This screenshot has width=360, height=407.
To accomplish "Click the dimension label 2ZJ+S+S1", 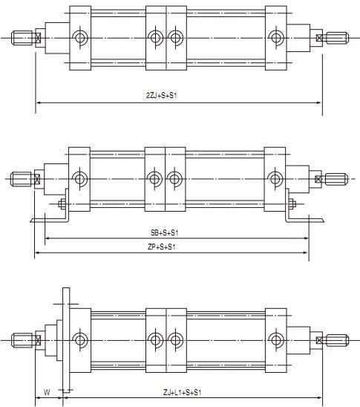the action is [161, 95].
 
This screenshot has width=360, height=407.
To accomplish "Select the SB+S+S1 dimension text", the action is [165, 232].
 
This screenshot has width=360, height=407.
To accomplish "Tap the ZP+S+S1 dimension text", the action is [161, 247].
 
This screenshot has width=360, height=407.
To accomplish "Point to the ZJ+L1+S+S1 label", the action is [183, 392].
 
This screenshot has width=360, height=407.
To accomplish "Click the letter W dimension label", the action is [47, 392].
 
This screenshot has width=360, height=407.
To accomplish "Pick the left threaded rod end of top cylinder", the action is [22, 38].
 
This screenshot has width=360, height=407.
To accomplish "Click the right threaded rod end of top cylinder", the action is [337, 38].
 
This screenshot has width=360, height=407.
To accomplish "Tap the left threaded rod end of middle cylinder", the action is [21, 179].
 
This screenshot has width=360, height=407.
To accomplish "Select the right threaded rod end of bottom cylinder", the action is [337, 340].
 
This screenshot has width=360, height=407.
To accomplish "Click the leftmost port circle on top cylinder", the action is [80, 38].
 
